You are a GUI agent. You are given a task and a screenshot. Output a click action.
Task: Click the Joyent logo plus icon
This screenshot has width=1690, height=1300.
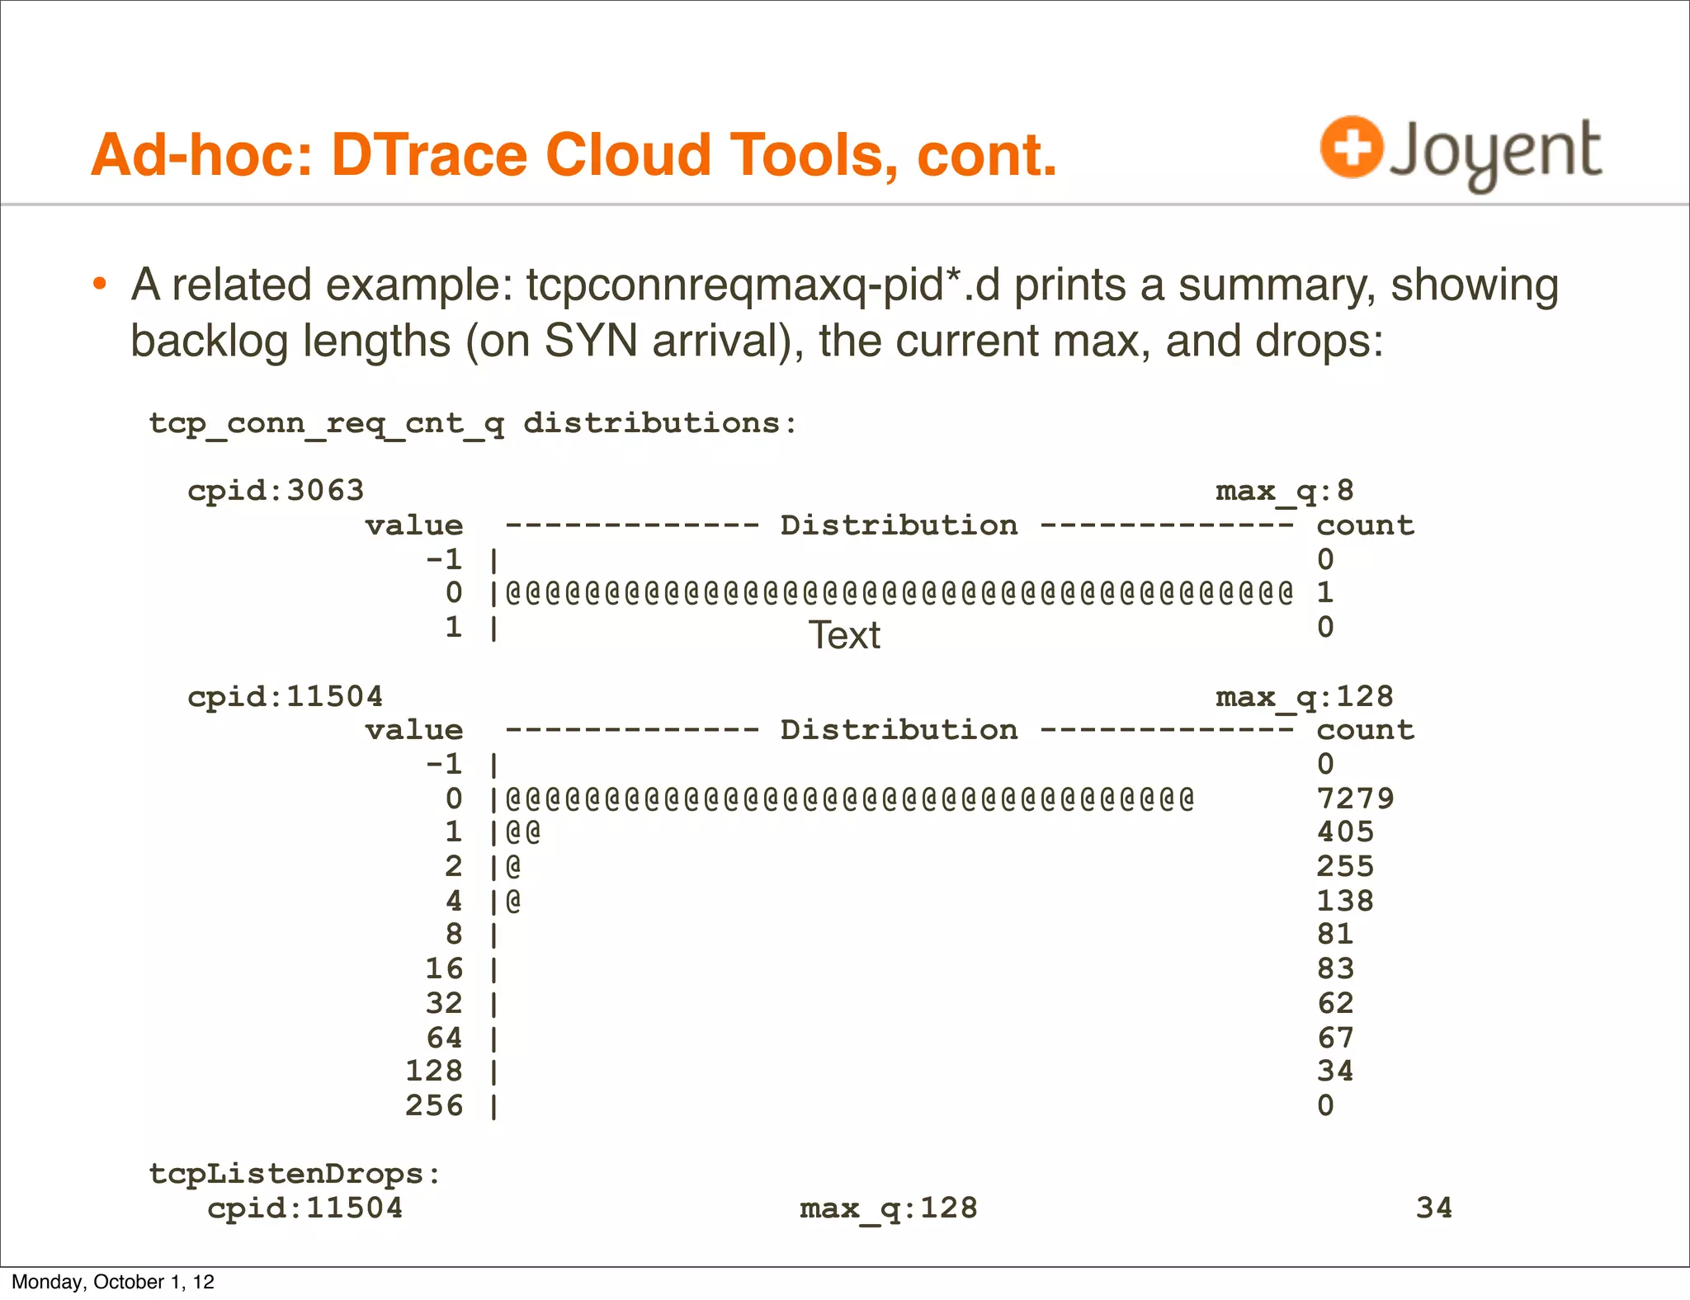(1351, 147)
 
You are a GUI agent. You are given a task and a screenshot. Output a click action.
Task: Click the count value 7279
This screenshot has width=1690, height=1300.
(1355, 798)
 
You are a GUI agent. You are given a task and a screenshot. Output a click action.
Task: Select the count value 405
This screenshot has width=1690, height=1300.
(1345, 831)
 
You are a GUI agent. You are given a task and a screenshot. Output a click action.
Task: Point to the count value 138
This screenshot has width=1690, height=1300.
(1345, 901)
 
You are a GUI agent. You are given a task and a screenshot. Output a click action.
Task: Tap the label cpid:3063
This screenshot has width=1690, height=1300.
(276, 491)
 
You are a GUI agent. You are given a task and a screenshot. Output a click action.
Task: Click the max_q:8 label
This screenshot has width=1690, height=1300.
(1284, 491)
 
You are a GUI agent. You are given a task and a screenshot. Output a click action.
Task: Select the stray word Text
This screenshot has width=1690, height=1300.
(844, 635)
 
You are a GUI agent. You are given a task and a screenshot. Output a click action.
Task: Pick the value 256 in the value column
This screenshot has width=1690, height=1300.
(434, 1105)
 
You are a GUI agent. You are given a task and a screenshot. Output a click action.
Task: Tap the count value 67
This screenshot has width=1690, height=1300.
(1335, 1038)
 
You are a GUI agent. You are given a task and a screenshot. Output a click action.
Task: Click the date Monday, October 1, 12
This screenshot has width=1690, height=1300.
(113, 1282)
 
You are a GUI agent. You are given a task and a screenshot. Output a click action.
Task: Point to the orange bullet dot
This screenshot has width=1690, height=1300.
(100, 285)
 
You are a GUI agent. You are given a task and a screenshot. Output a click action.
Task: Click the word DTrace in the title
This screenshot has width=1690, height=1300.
(429, 155)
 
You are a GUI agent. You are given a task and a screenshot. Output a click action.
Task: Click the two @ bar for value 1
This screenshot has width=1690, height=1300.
(523, 831)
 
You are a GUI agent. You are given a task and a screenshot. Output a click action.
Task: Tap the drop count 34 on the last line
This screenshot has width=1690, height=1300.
(1434, 1208)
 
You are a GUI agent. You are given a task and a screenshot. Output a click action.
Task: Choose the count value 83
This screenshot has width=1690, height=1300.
(1335, 968)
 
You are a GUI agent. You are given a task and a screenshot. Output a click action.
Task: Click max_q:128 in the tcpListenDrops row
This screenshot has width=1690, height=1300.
(889, 1208)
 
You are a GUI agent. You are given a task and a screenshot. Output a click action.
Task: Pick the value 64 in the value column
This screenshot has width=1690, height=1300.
(444, 1038)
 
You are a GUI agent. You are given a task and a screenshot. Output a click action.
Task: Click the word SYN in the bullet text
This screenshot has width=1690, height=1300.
(591, 341)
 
